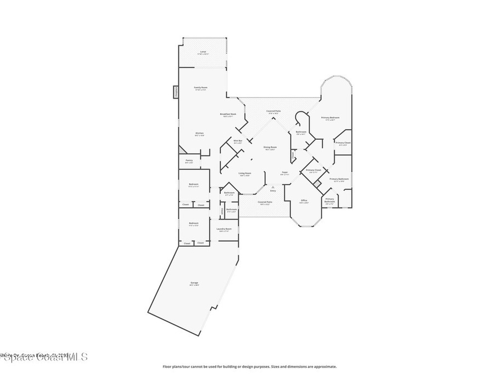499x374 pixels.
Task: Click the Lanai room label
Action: [203, 52]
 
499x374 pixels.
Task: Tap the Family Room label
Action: [201, 88]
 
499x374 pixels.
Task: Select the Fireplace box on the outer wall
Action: [174, 92]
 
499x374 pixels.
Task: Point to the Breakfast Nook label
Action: [228, 115]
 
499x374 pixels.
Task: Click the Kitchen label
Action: [200, 134]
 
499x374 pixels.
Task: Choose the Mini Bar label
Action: [238, 141]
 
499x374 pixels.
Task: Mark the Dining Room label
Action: [270, 148]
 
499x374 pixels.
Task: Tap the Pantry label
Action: [189, 161]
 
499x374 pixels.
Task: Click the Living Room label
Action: [245, 174]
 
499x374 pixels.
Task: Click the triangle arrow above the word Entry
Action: [273, 187]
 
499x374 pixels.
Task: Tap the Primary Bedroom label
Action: [330, 118]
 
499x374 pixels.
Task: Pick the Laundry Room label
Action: [224, 229]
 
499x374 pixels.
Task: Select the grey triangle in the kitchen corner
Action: [182, 149]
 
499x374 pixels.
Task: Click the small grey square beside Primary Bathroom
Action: [318, 184]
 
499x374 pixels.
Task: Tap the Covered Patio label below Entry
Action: [266, 203]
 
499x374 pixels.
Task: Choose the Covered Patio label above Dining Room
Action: [273, 112]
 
